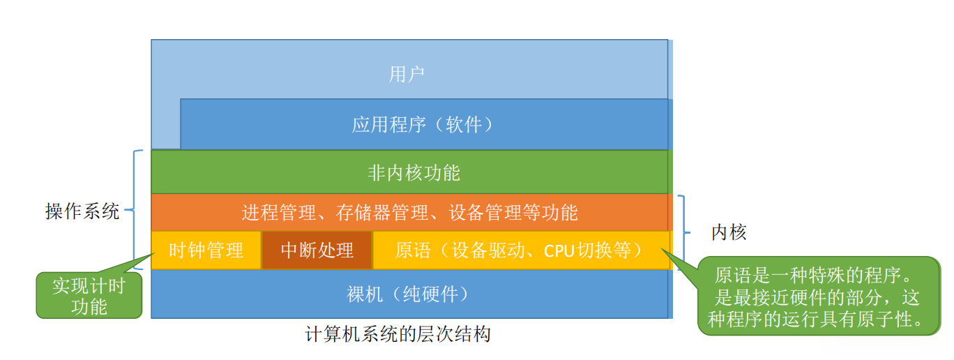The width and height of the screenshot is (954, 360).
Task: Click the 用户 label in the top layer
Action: click(x=407, y=74)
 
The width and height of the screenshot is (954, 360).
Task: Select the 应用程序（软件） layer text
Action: click(x=423, y=125)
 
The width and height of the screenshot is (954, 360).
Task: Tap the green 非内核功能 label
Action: click(x=414, y=173)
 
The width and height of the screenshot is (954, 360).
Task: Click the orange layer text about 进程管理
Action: click(x=410, y=213)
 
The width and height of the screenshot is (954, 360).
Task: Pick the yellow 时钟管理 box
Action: click(x=206, y=250)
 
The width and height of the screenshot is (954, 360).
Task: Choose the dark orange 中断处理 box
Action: click(x=317, y=250)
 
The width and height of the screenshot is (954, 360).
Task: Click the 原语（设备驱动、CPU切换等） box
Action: click(x=522, y=250)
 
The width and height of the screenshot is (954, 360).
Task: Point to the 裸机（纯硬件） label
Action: click(x=407, y=294)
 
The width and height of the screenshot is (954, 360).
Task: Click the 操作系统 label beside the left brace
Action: click(x=82, y=211)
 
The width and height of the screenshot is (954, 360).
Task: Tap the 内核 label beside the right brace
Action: click(x=729, y=232)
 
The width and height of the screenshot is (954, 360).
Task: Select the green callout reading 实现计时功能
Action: click(x=89, y=296)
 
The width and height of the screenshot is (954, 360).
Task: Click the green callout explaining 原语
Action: click(x=819, y=296)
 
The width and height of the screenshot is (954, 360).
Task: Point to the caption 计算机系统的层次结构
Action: click(x=397, y=334)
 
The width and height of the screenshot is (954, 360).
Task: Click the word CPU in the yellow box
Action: click(x=559, y=251)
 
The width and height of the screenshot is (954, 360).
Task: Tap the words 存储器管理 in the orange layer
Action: click(x=382, y=213)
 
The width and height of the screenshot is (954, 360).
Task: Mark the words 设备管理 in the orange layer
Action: click(x=485, y=213)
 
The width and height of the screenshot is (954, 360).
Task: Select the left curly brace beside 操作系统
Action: click(x=134, y=209)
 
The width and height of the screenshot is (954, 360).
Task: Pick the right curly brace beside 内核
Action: click(x=684, y=232)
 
